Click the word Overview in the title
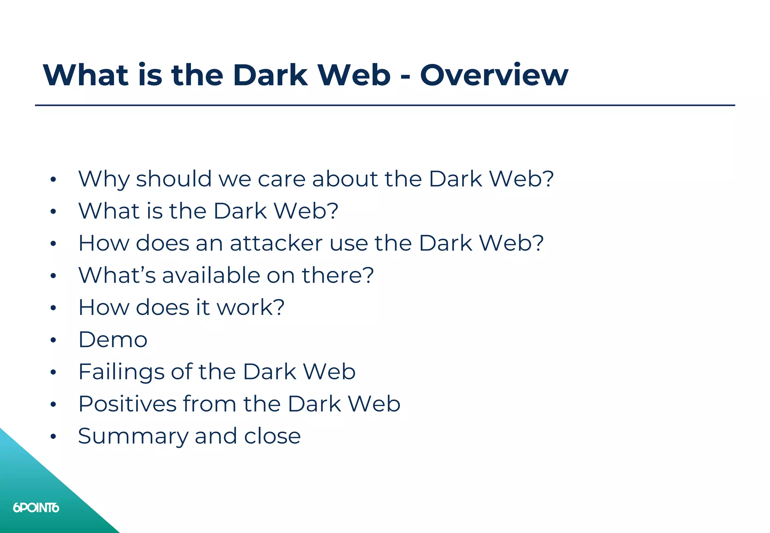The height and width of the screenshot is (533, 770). tap(494, 75)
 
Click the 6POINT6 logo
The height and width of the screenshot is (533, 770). tap(36, 508)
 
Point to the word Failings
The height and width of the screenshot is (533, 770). tap(121, 372)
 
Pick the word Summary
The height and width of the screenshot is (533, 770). tap(133, 437)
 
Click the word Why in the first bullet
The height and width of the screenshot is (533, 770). tap(104, 179)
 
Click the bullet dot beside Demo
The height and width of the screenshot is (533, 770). tap(53, 340)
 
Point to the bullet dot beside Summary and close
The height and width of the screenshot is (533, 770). tap(53, 437)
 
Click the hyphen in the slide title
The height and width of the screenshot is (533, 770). tap(405, 77)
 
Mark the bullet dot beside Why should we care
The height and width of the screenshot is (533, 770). tap(53, 180)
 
